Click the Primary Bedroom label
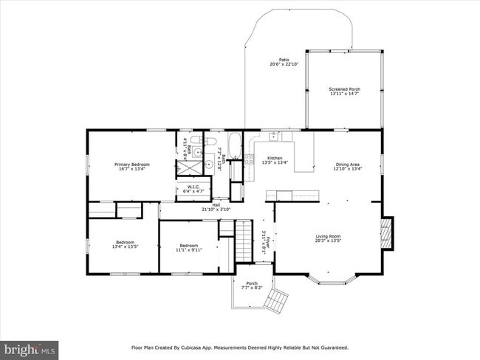131,164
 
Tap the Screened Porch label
343,89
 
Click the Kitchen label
275,158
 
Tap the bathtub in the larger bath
234,145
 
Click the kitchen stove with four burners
249,159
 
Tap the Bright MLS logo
30,347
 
